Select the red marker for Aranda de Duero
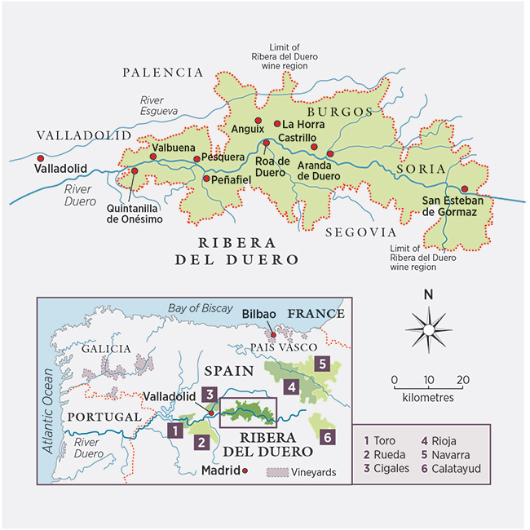(329, 153)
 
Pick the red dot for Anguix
(259, 121)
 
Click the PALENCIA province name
(162, 73)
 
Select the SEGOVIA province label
(360, 232)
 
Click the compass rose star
(427, 328)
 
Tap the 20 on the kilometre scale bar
(462, 380)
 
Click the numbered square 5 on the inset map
(323, 364)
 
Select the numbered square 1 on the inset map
(172, 429)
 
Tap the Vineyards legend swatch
(279, 472)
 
